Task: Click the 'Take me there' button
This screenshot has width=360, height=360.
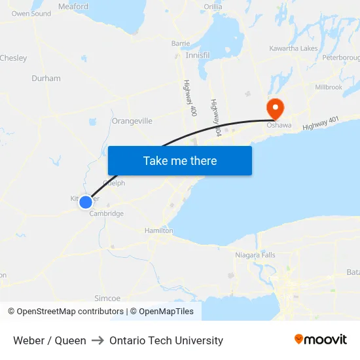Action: point(180,160)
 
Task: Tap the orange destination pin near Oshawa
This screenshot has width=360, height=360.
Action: point(274,107)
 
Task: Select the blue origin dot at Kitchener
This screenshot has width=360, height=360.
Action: point(86,202)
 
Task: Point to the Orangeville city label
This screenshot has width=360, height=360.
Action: point(132,121)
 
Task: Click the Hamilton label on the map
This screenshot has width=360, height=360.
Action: point(159,231)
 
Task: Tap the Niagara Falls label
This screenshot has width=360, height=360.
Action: point(255,255)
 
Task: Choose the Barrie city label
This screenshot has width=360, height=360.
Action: point(181,43)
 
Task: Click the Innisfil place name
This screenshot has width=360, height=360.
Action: point(197,56)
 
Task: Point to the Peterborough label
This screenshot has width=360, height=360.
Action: point(340,58)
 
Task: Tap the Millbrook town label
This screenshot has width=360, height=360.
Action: point(329,87)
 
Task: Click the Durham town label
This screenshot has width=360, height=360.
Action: point(46,79)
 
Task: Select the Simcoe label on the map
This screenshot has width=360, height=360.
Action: point(108,298)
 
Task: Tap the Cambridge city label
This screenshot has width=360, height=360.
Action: point(106,214)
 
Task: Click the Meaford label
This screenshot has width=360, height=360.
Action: point(73,7)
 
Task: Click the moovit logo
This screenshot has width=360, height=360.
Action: point(321,340)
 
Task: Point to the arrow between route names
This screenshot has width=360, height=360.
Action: point(98,340)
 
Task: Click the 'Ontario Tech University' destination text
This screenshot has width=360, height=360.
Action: point(166,340)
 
